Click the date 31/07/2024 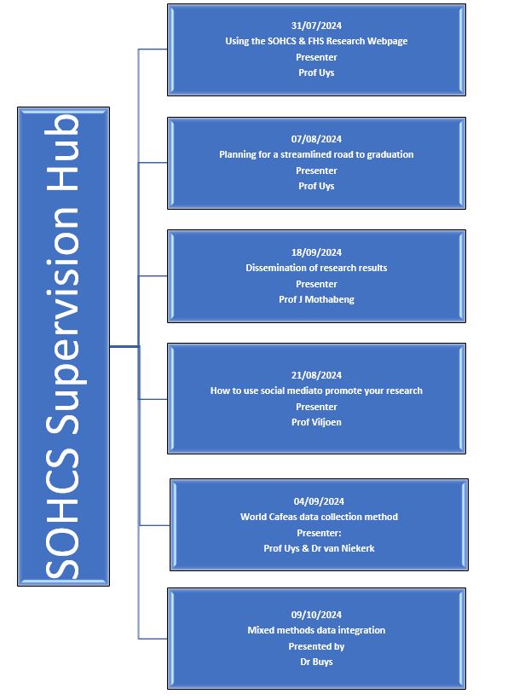(316, 26)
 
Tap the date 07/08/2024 (316, 139)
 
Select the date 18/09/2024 (316, 252)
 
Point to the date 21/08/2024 (316, 375)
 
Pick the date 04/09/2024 (319, 501)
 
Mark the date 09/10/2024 (316, 615)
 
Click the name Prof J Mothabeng (316, 299)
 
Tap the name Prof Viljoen (316, 422)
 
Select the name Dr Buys (316, 662)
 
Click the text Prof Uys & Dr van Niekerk (319, 548)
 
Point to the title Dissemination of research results (316, 268)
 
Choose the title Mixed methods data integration (316, 630)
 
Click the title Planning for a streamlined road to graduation (316, 154)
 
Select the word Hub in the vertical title (62, 153)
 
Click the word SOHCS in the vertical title (62, 514)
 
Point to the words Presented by (316, 646)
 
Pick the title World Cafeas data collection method (319, 517)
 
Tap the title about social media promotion (316, 390)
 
